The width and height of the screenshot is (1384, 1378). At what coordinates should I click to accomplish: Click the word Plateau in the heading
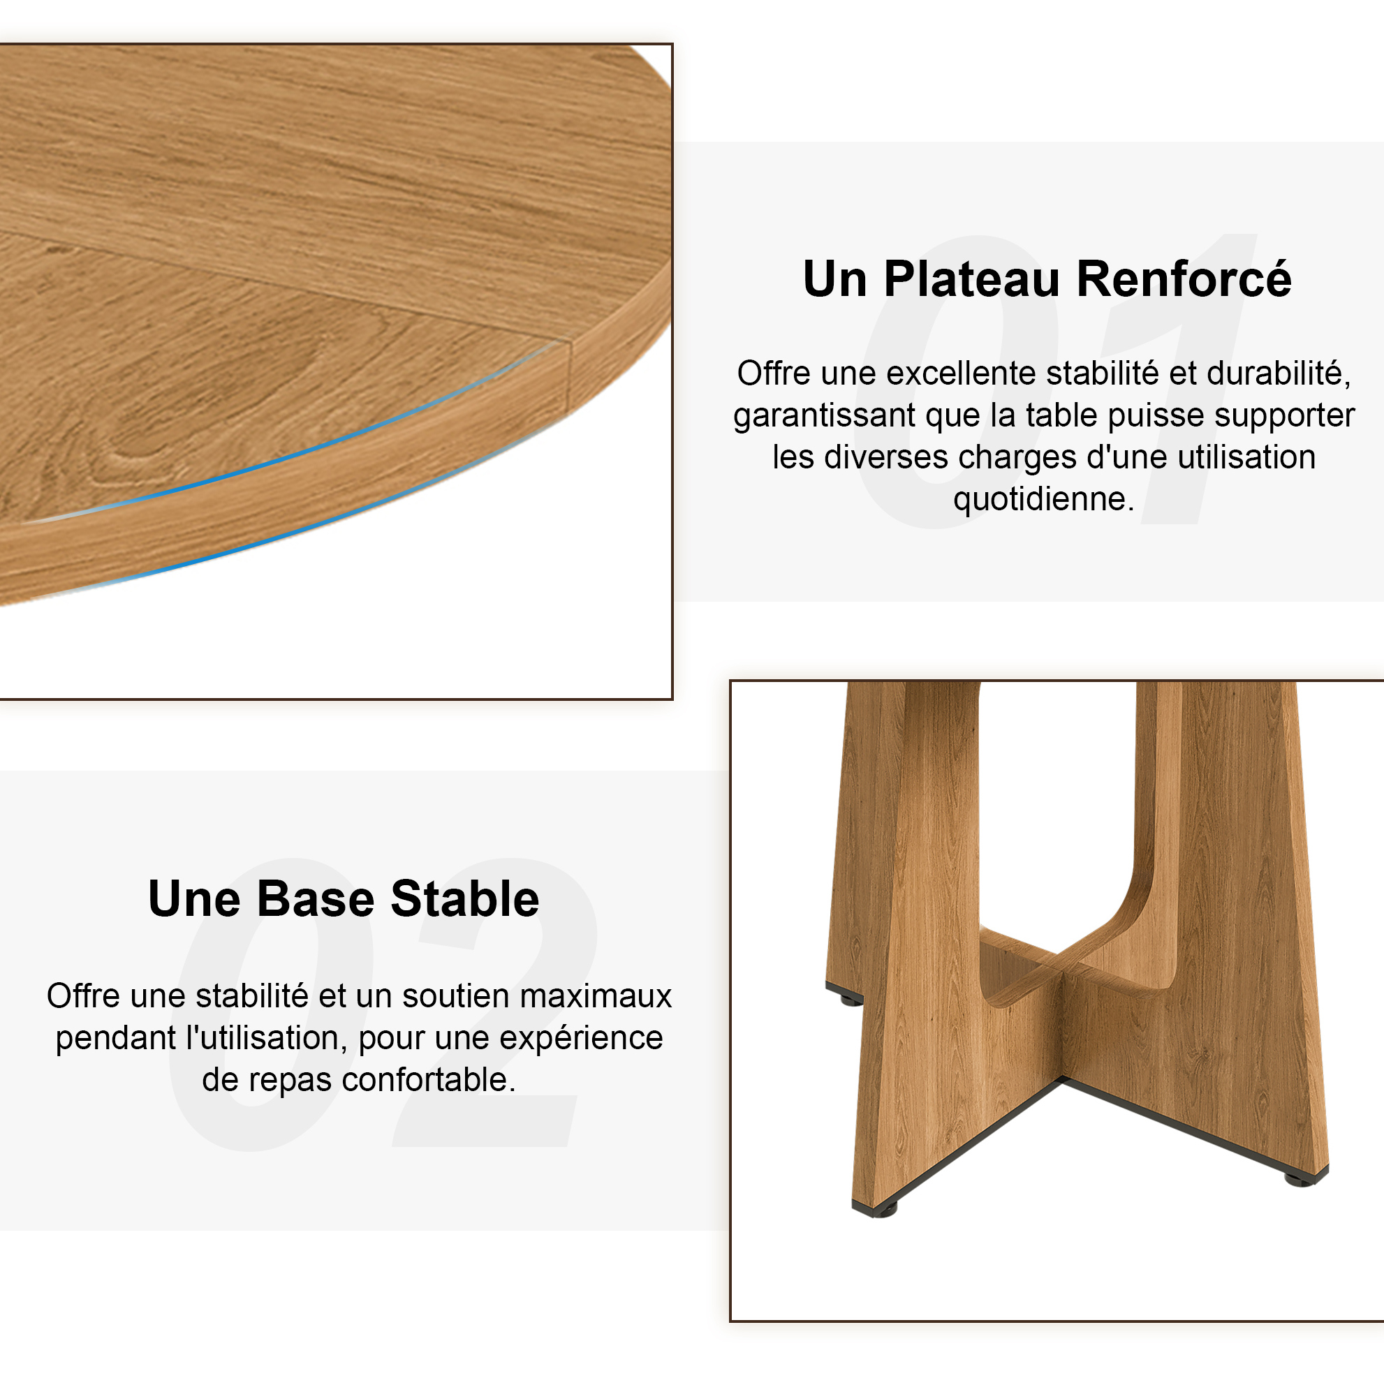pyautogui.click(x=971, y=279)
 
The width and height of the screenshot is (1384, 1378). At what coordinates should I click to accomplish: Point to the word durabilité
pyautogui.click(x=1279, y=375)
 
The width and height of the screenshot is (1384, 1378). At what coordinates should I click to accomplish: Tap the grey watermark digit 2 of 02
pyautogui.click(x=494, y=1002)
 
